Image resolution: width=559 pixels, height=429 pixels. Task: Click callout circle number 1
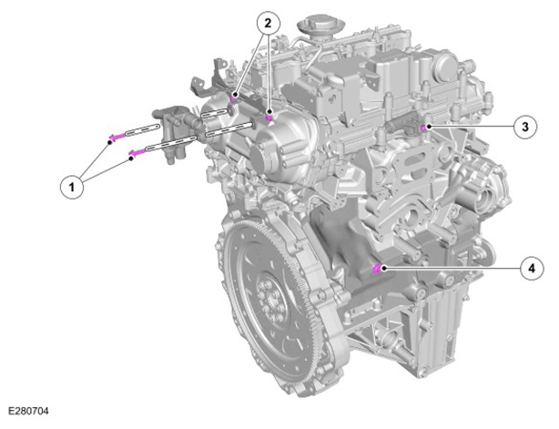(72, 187)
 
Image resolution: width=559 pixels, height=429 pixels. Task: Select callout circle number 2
(269, 24)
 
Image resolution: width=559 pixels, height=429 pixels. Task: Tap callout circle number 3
(525, 127)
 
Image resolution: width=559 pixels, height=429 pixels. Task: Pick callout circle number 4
(532, 268)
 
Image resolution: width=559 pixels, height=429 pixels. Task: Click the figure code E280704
(28, 411)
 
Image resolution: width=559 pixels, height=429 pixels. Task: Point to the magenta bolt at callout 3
(423, 128)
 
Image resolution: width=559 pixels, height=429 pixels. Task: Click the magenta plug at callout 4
(376, 269)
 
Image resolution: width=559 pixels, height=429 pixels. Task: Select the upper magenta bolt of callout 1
(117, 137)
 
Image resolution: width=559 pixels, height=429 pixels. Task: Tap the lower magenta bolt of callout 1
(137, 153)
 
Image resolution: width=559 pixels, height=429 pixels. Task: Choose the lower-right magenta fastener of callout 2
(269, 117)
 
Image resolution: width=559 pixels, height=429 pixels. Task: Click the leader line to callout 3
(472, 127)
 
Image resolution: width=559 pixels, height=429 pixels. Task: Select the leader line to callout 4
(452, 268)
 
